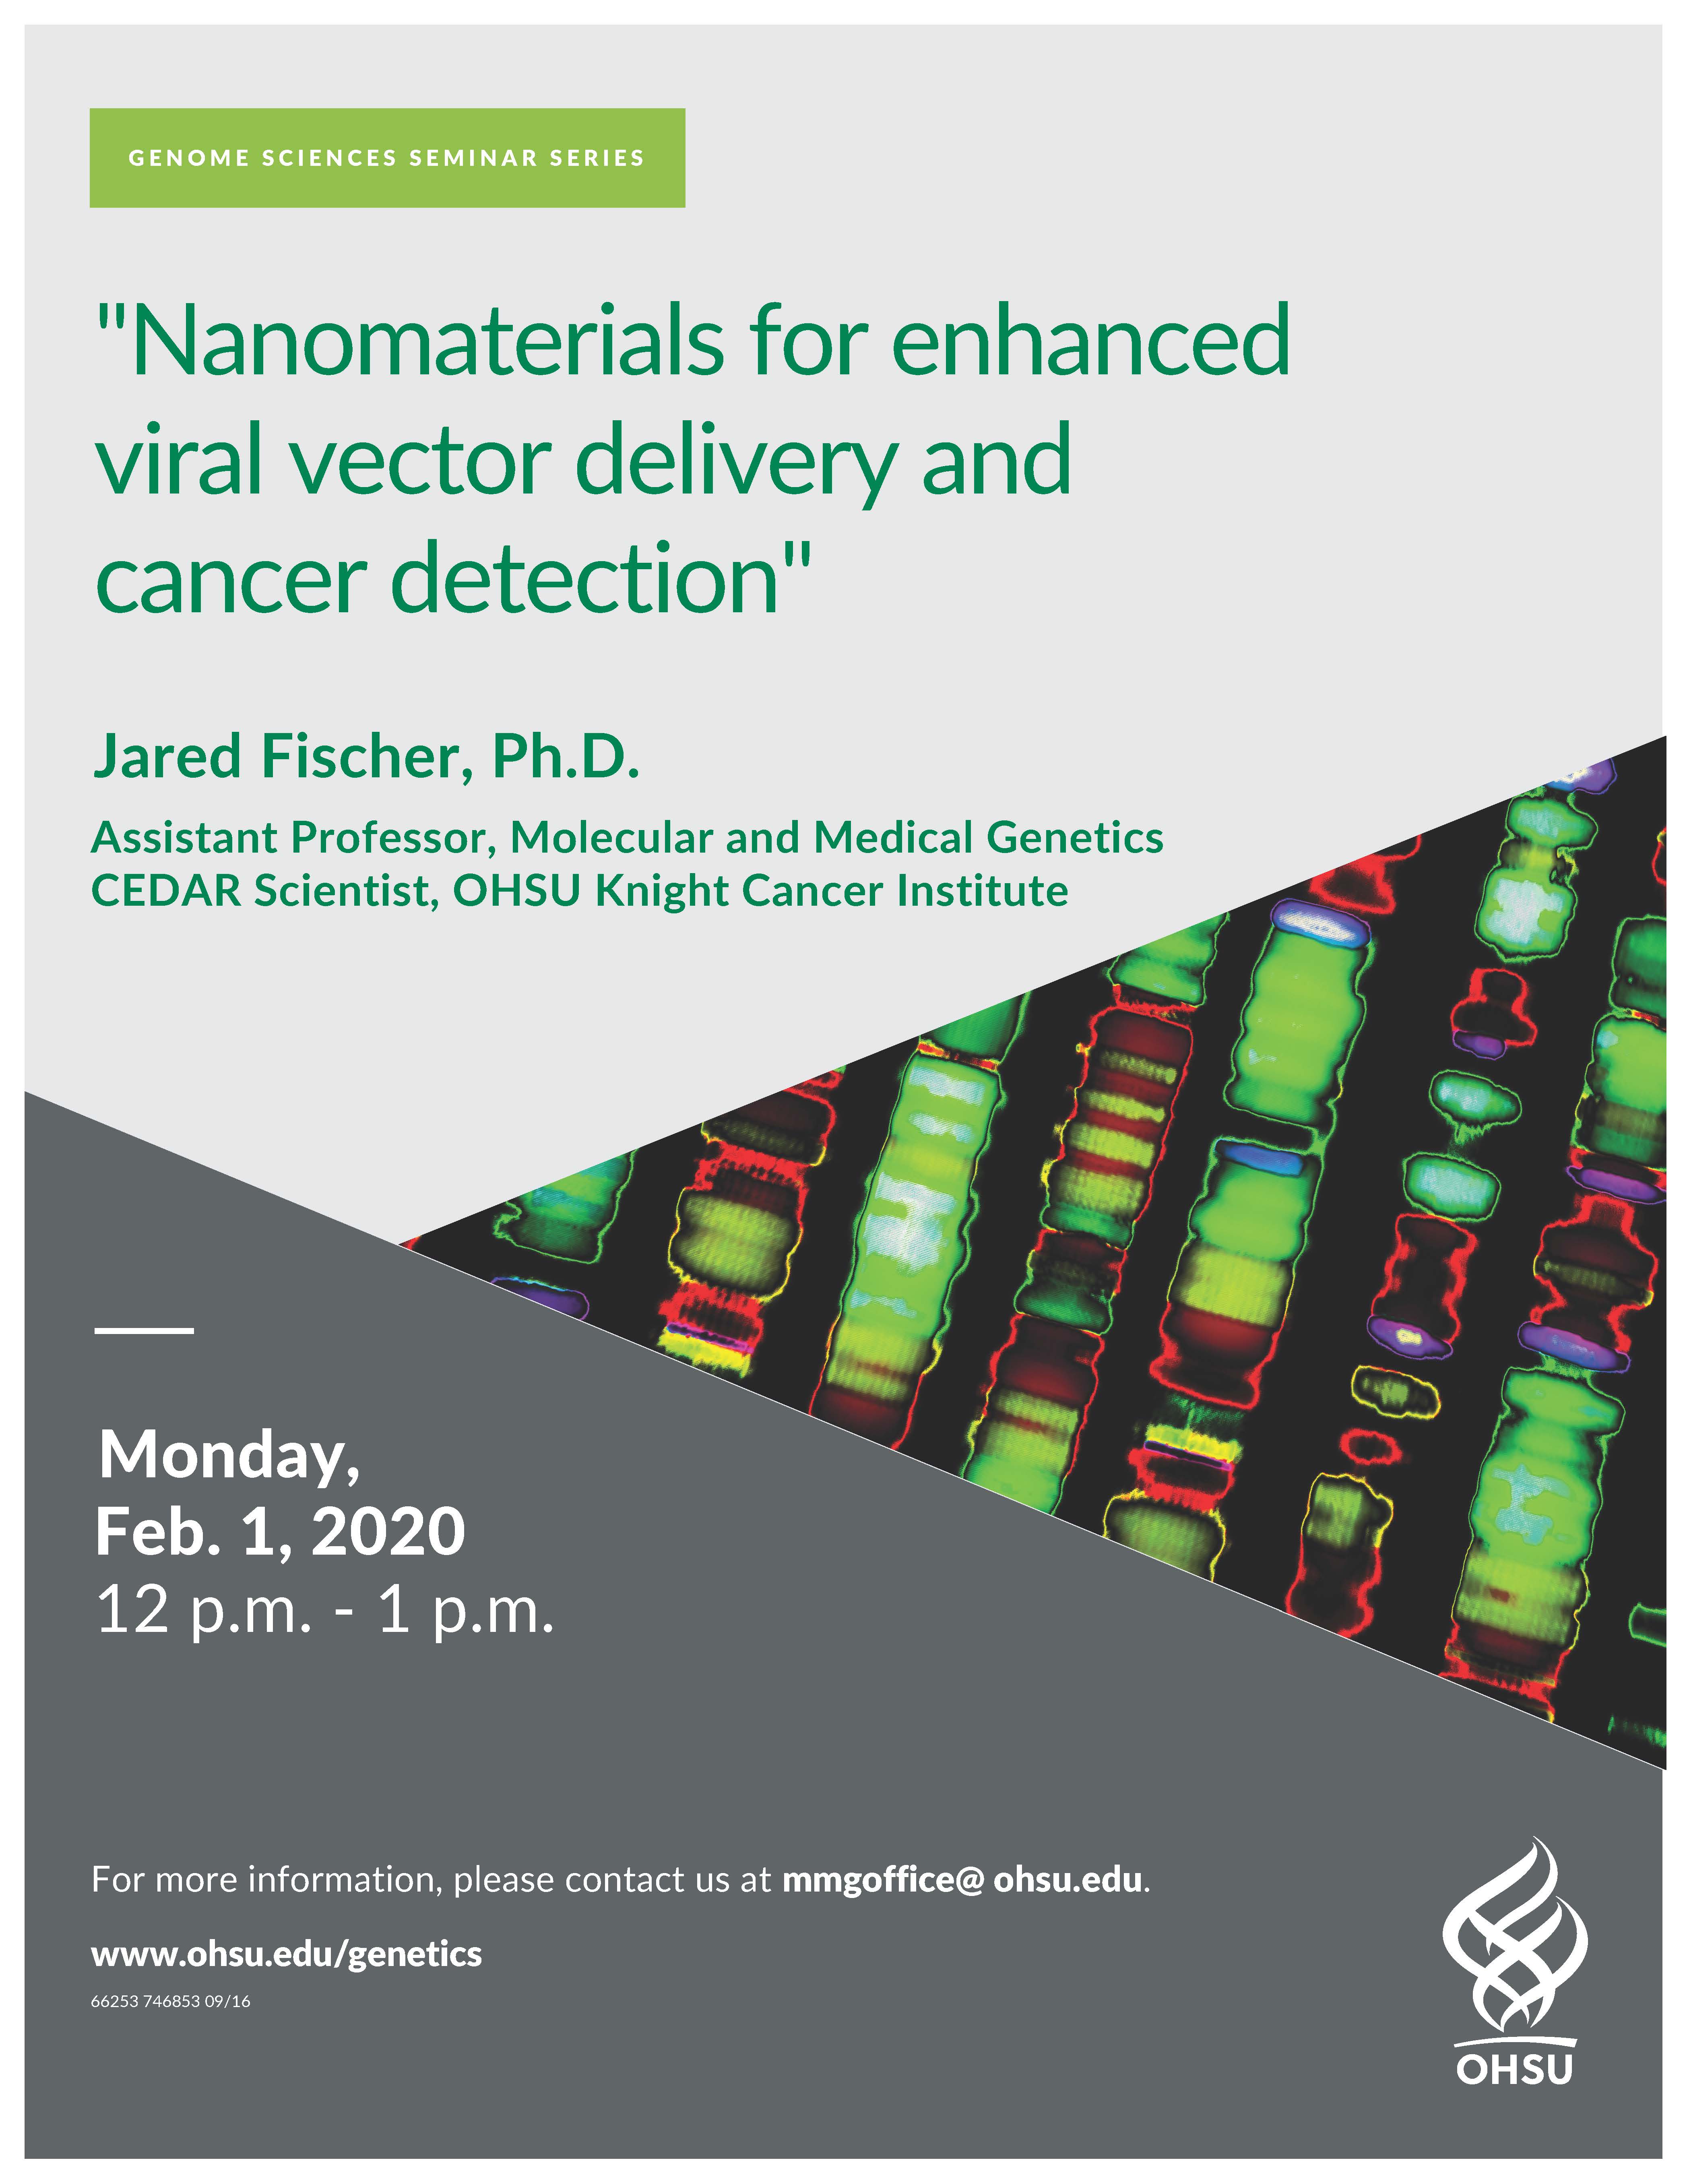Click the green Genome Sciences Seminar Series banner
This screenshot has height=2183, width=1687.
[387, 158]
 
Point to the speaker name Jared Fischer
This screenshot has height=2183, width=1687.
[278, 757]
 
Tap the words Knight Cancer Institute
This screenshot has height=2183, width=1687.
[832, 890]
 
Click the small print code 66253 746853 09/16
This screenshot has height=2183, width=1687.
[171, 2002]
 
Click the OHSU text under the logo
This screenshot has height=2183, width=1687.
[1514, 2068]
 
